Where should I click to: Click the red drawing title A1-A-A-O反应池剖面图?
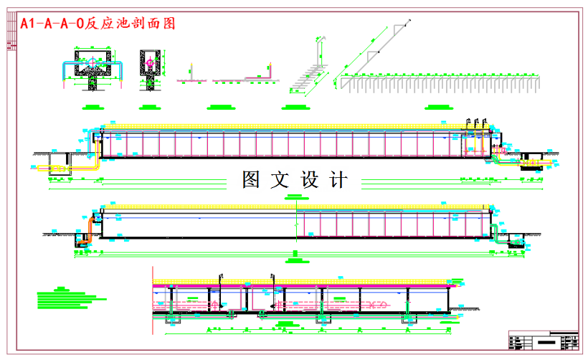(x=98, y=24)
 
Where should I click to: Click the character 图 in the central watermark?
(x=251, y=180)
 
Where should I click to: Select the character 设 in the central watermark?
(x=309, y=180)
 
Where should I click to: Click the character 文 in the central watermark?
(x=280, y=180)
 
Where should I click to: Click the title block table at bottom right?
(x=543, y=340)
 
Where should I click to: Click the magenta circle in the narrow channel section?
(x=149, y=64)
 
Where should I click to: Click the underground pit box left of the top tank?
(x=59, y=164)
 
